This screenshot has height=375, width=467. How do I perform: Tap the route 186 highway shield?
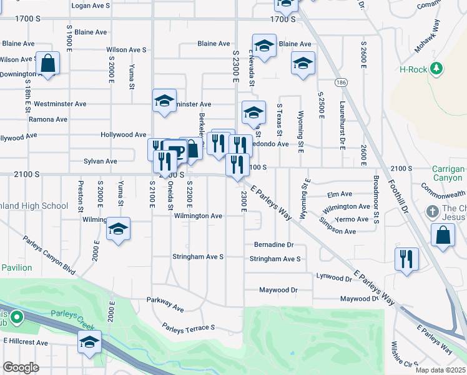point(340,82)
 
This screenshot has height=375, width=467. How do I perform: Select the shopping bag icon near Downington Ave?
point(48,63)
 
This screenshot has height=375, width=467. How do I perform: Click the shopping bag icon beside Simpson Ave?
point(443,235)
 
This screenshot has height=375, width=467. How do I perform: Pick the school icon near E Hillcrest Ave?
point(90,342)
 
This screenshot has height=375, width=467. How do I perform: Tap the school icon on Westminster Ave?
point(164,101)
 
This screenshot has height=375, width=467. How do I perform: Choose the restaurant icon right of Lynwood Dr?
point(406,258)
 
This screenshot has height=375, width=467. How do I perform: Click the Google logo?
point(21,367)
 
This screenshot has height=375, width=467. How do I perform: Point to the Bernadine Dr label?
point(273,245)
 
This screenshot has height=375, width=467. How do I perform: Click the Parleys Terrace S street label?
point(188,327)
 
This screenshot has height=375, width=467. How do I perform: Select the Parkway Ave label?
point(165,307)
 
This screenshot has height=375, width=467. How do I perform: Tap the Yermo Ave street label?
point(351,219)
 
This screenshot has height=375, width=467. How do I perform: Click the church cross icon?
point(433,211)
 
